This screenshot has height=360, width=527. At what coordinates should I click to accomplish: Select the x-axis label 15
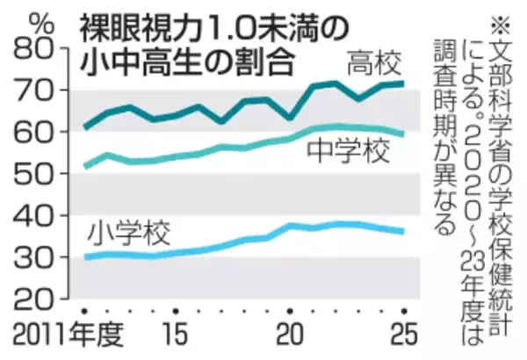coord(176,337)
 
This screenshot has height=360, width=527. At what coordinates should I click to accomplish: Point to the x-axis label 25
coord(400,337)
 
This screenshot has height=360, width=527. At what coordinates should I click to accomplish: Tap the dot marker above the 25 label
coord(404,312)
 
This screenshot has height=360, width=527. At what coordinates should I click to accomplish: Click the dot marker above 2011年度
coord(85,312)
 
